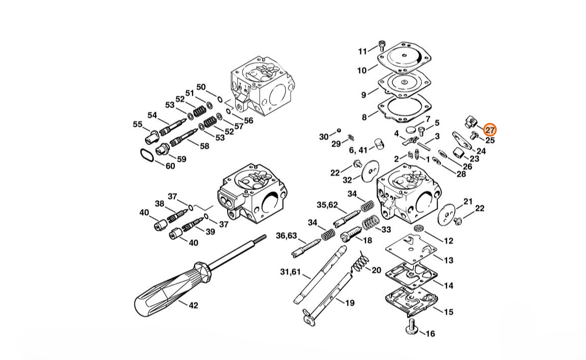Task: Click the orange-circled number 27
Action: pyautogui.click(x=490, y=130)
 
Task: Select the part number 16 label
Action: pyautogui.click(x=430, y=334)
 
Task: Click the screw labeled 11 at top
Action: pyautogui.click(x=382, y=46)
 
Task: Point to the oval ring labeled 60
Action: pyautogui.click(x=146, y=155)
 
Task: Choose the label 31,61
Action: pyautogui.click(x=290, y=272)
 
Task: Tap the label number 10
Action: pyautogui.click(x=362, y=70)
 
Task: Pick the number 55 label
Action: pyautogui.click(x=137, y=124)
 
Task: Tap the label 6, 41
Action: pyautogui.click(x=358, y=150)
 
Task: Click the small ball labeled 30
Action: pyautogui.click(x=339, y=130)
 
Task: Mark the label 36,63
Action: pyautogui.click(x=286, y=235)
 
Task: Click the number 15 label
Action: pyautogui.click(x=449, y=311)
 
